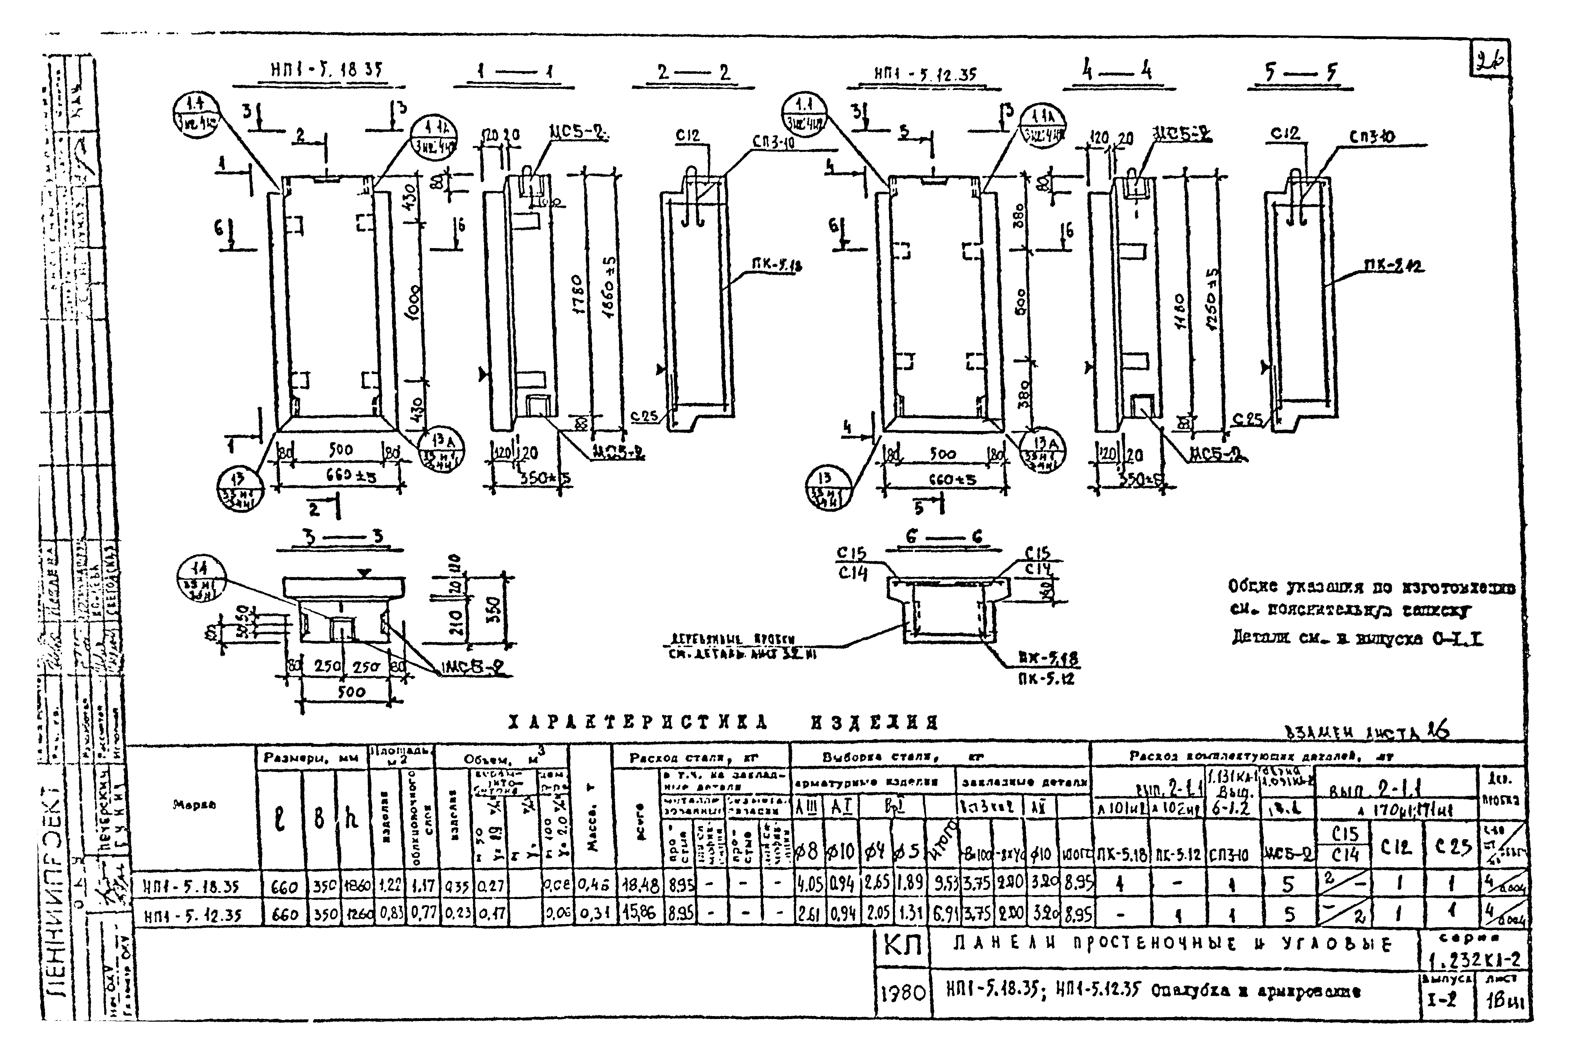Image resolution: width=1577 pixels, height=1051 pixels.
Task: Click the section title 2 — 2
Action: tap(694, 72)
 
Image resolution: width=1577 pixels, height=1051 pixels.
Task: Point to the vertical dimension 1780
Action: tap(578, 295)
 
